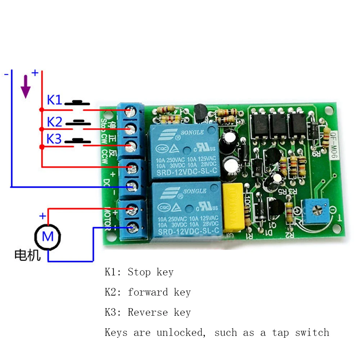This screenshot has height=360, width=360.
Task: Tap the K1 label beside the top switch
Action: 55,100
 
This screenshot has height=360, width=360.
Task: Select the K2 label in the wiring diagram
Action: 55,122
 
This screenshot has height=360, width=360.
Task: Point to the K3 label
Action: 55,139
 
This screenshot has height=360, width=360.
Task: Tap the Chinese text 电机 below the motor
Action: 27,255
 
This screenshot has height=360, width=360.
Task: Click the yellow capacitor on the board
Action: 233,207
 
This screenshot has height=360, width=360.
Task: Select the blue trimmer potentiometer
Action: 313,211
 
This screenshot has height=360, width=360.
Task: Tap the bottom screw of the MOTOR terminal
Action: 131,226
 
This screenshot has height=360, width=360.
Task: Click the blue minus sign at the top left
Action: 6,74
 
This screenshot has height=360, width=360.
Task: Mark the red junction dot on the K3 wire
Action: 42,147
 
